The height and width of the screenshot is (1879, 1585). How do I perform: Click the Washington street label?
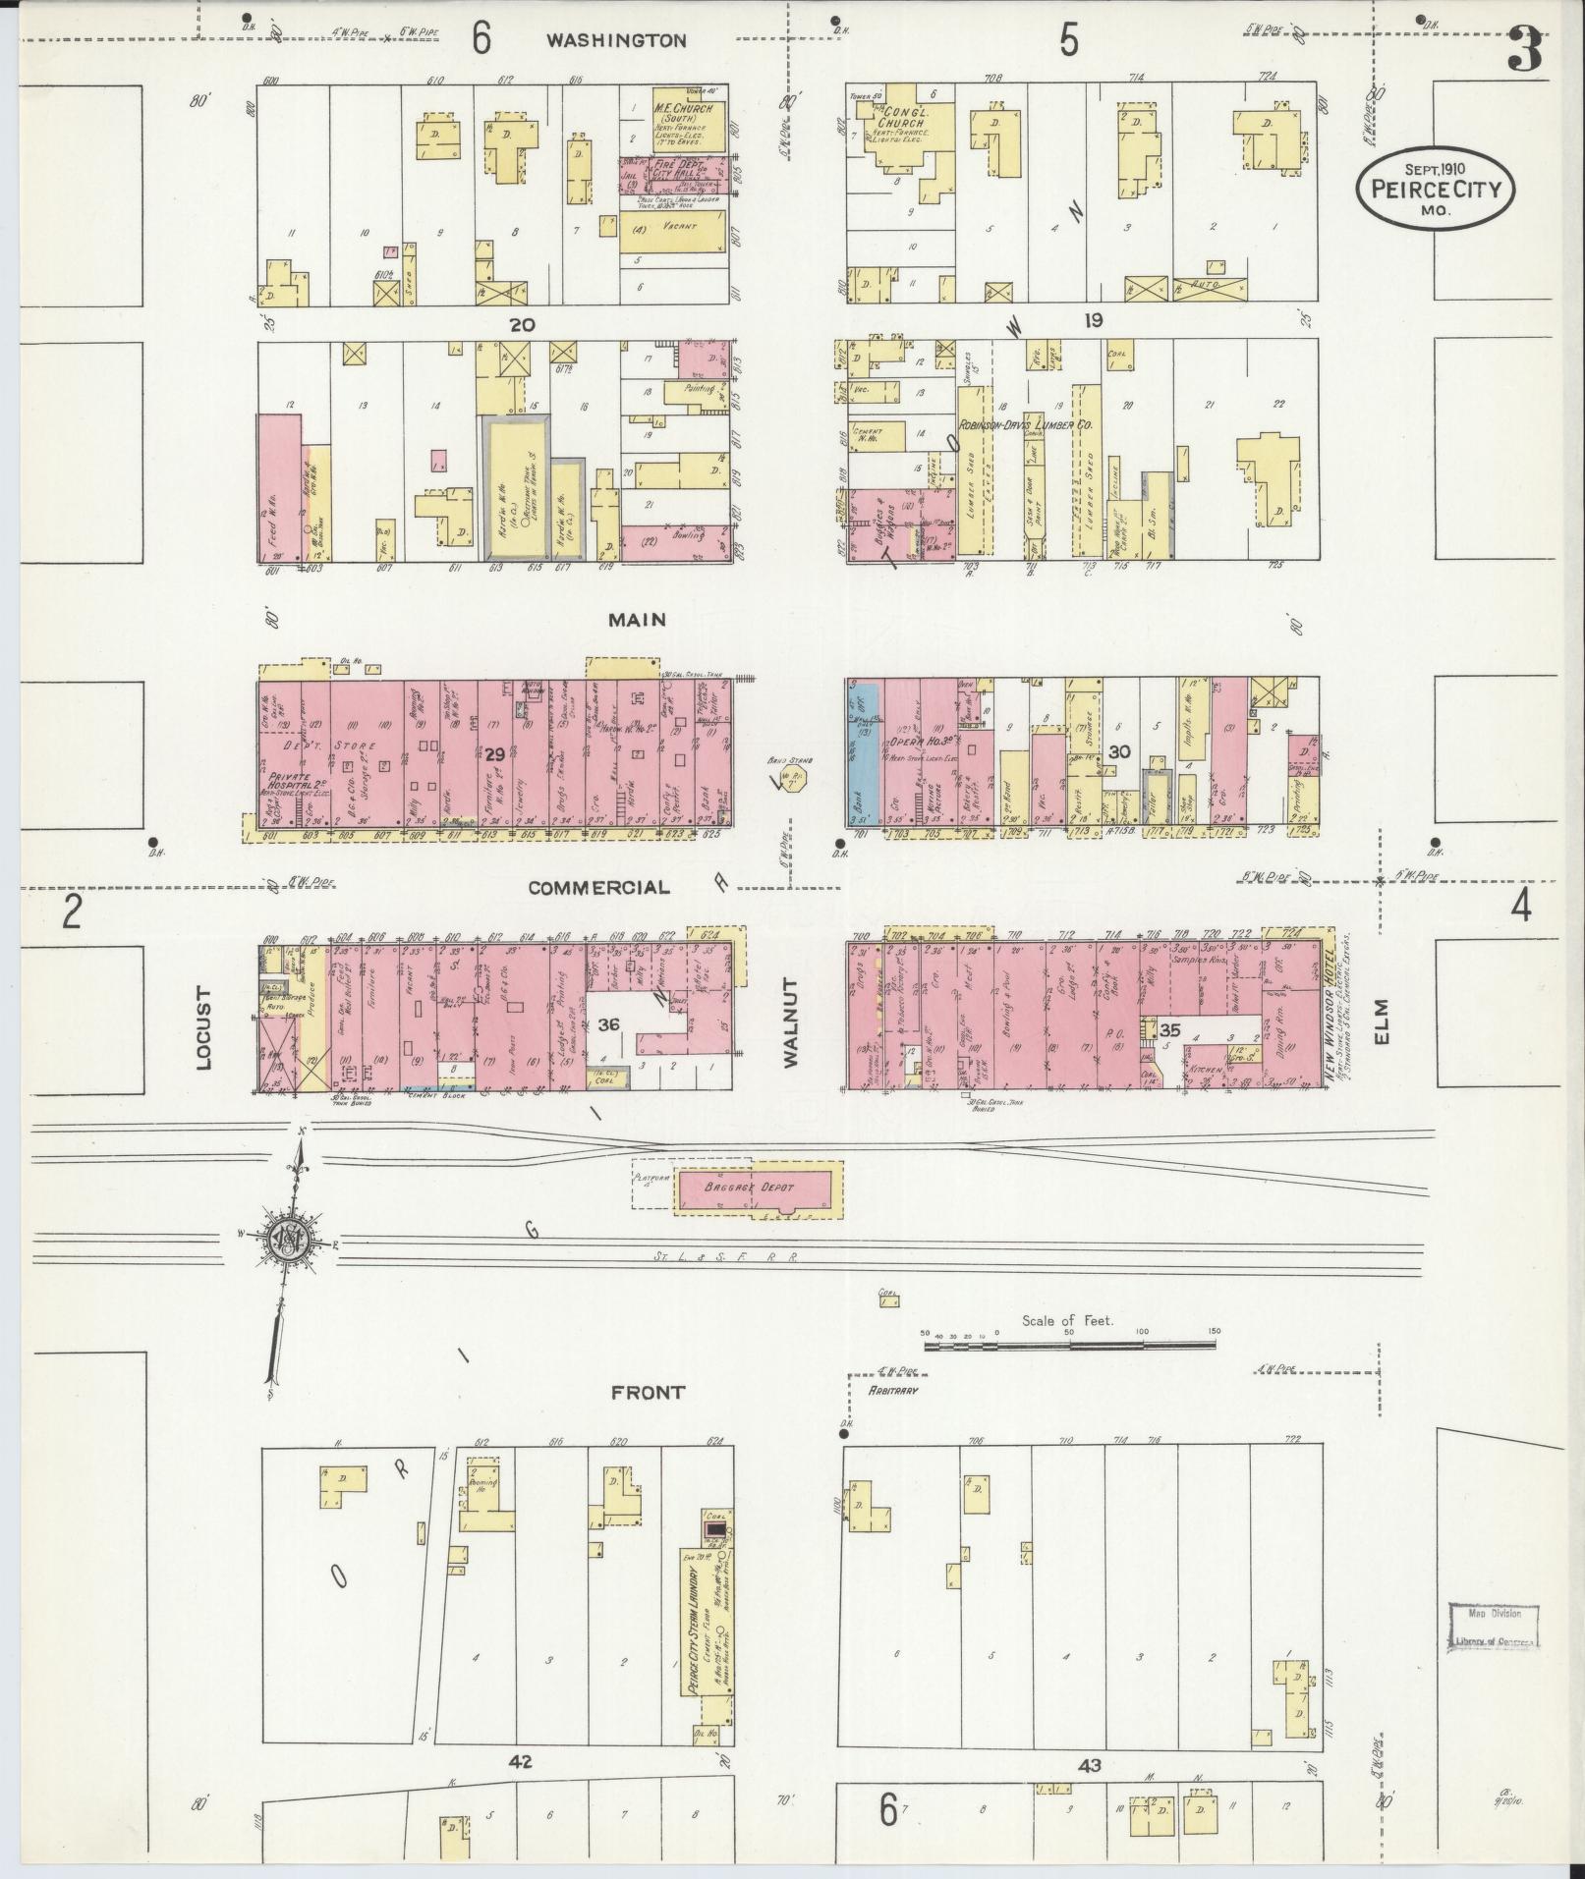[616, 40]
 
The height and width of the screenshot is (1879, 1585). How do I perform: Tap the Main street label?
[637, 620]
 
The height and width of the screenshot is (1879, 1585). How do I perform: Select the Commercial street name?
[598, 888]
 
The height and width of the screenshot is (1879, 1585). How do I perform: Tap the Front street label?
[647, 1393]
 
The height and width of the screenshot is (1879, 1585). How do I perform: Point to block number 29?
[494, 754]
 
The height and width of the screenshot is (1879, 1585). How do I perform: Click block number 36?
[608, 1024]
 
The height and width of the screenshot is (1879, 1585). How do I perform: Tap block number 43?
[1089, 1766]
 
